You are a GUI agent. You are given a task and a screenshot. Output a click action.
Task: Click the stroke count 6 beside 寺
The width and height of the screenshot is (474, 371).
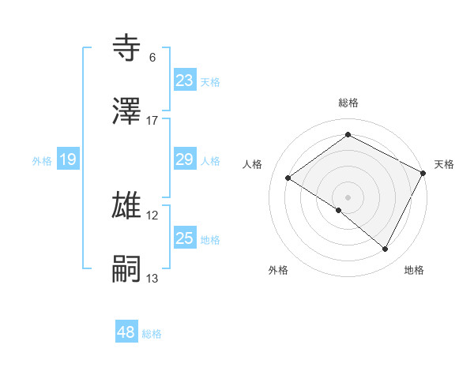coord(152,58)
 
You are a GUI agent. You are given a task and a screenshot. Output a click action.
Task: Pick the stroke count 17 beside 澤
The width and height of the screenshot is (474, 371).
coord(152,121)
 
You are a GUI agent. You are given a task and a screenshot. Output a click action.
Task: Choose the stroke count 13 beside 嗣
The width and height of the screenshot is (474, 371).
coord(152,279)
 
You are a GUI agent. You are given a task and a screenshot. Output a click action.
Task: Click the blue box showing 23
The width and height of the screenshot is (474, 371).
coord(185,81)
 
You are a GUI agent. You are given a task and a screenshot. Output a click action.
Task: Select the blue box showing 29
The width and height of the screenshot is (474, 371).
coord(185,160)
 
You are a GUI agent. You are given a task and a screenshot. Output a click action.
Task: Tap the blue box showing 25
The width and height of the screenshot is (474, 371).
coord(185,238)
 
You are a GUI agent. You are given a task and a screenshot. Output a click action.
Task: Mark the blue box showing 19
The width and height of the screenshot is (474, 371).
coord(68,160)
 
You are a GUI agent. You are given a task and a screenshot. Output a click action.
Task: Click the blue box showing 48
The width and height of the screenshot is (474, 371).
coord(126,332)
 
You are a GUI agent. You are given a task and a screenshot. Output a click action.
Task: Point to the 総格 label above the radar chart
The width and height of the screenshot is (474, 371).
coord(348,103)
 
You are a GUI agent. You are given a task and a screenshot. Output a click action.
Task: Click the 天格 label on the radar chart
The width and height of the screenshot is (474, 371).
coord(444,164)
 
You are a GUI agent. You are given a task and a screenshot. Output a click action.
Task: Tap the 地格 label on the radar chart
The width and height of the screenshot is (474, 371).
coord(414,270)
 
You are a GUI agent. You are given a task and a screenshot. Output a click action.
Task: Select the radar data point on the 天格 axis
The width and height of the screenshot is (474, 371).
coord(423,172)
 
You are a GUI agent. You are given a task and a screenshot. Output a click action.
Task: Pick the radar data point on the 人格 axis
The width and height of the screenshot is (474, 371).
coord(288,178)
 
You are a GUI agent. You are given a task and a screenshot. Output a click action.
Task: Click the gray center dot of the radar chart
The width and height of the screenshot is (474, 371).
coord(348,197)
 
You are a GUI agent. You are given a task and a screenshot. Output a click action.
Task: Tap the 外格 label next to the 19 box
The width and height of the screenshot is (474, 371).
coord(42,161)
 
